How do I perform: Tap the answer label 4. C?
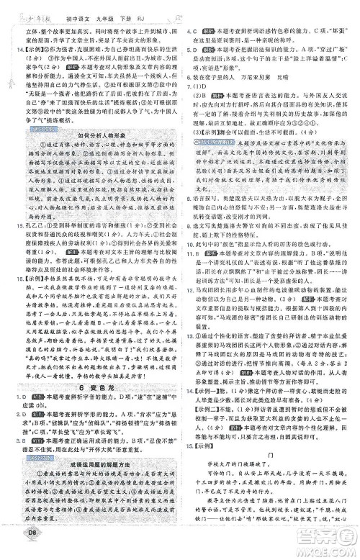click(x=191, y=32)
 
